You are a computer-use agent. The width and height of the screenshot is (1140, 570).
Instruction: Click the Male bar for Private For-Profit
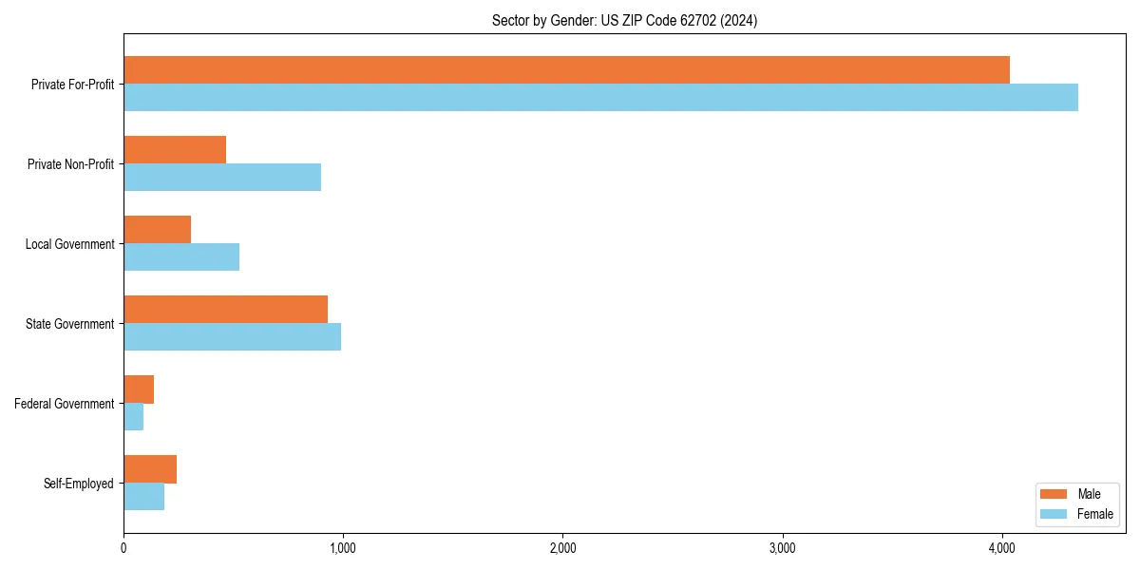tap(566, 70)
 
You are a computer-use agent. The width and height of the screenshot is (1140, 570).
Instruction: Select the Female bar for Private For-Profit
tap(600, 98)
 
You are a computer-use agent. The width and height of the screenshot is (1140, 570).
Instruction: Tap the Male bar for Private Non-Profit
tap(175, 150)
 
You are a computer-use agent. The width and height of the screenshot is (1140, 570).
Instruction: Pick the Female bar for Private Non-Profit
tap(222, 178)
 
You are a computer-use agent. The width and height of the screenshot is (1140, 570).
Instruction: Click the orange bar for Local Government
tap(157, 230)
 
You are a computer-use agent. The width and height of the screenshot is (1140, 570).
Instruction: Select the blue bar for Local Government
tap(181, 257)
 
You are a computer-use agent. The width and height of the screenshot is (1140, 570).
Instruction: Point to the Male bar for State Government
tap(225, 310)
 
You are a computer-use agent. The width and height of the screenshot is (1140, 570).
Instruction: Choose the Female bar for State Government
tap(232, 337)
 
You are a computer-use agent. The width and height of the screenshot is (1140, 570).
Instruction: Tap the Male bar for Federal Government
tap(139, 389)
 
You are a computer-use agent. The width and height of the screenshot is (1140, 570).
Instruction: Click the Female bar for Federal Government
tap(134, 417)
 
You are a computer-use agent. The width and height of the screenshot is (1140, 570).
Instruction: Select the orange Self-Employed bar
tap(150, 469)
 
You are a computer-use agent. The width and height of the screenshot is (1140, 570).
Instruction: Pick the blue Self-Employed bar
tap(143, 497)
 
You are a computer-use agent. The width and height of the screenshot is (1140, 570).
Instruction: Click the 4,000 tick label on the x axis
tap(1002, 548)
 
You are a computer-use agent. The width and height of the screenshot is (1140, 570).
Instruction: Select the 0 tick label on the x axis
tap(123, 548)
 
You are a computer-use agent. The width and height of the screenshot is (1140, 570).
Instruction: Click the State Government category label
tap(69, 324)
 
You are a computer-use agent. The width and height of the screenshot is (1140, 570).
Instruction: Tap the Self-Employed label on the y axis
tap(78, 484)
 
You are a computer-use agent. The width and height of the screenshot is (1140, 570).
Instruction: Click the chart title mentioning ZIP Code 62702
tap(624, 20)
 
